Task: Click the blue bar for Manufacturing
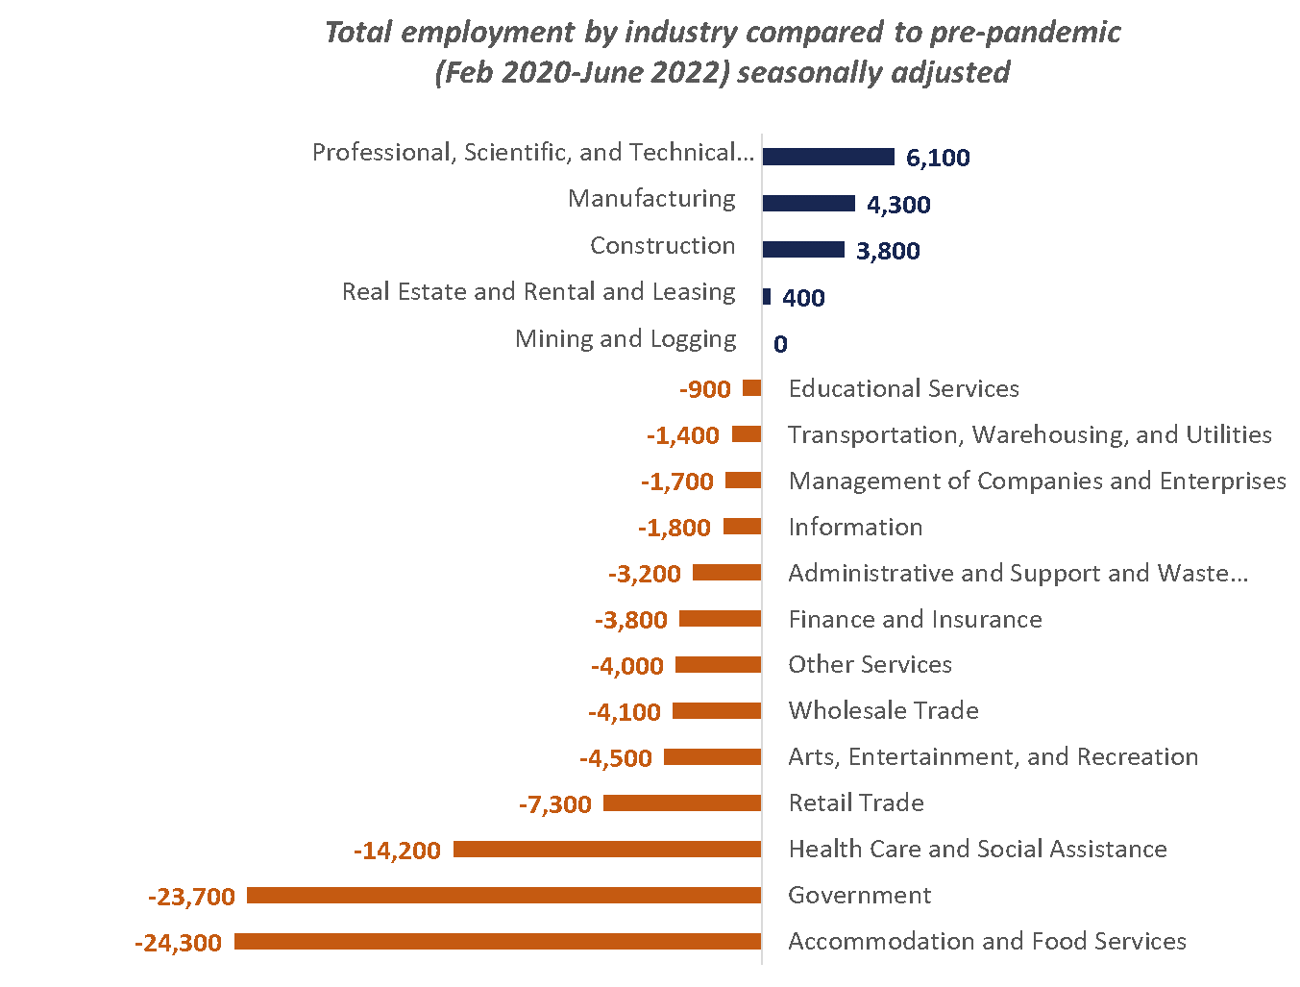click(808, 204)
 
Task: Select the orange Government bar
click(504, 896)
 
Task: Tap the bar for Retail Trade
click(682, 803)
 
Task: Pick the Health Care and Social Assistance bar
click(607, 850)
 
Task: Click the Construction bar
click(803, 250)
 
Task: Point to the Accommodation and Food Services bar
click(498, 942)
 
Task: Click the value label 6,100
click(938, 158)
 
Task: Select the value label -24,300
click(179, 943)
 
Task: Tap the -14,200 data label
click(397, 851)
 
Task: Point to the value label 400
click(803, 298)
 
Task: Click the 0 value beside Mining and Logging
click(780, 344)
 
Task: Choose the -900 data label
click(705, 389)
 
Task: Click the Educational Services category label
click(903, 388)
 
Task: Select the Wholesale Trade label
click(883, 710)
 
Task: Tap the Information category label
click(855, 527)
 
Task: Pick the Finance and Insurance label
click(915, 619)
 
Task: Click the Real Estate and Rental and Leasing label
click(538, 291)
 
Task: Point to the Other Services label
click(870, 664)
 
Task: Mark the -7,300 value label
click(555, 804)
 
